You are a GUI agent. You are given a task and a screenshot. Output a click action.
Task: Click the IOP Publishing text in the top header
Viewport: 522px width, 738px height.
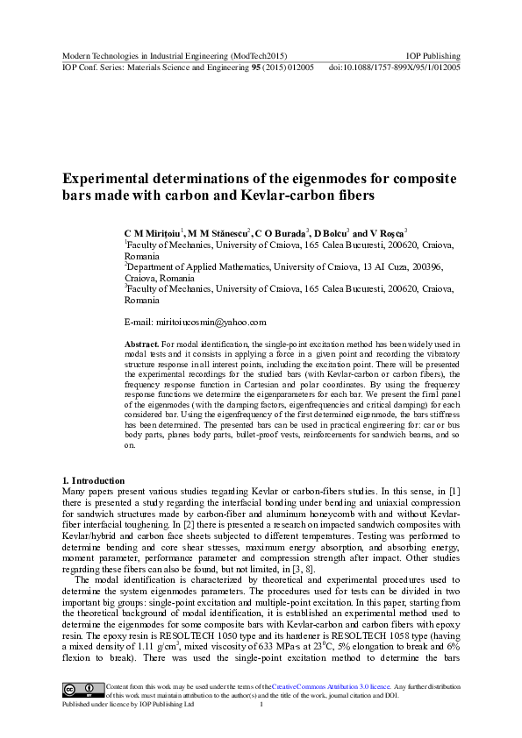[434, 54]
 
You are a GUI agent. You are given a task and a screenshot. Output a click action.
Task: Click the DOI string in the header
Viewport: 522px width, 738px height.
[394, 67]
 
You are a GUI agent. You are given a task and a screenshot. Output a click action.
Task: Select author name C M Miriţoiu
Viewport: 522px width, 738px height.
[154, 235]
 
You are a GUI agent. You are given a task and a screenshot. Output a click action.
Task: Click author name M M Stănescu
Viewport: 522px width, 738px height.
[218, 235]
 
